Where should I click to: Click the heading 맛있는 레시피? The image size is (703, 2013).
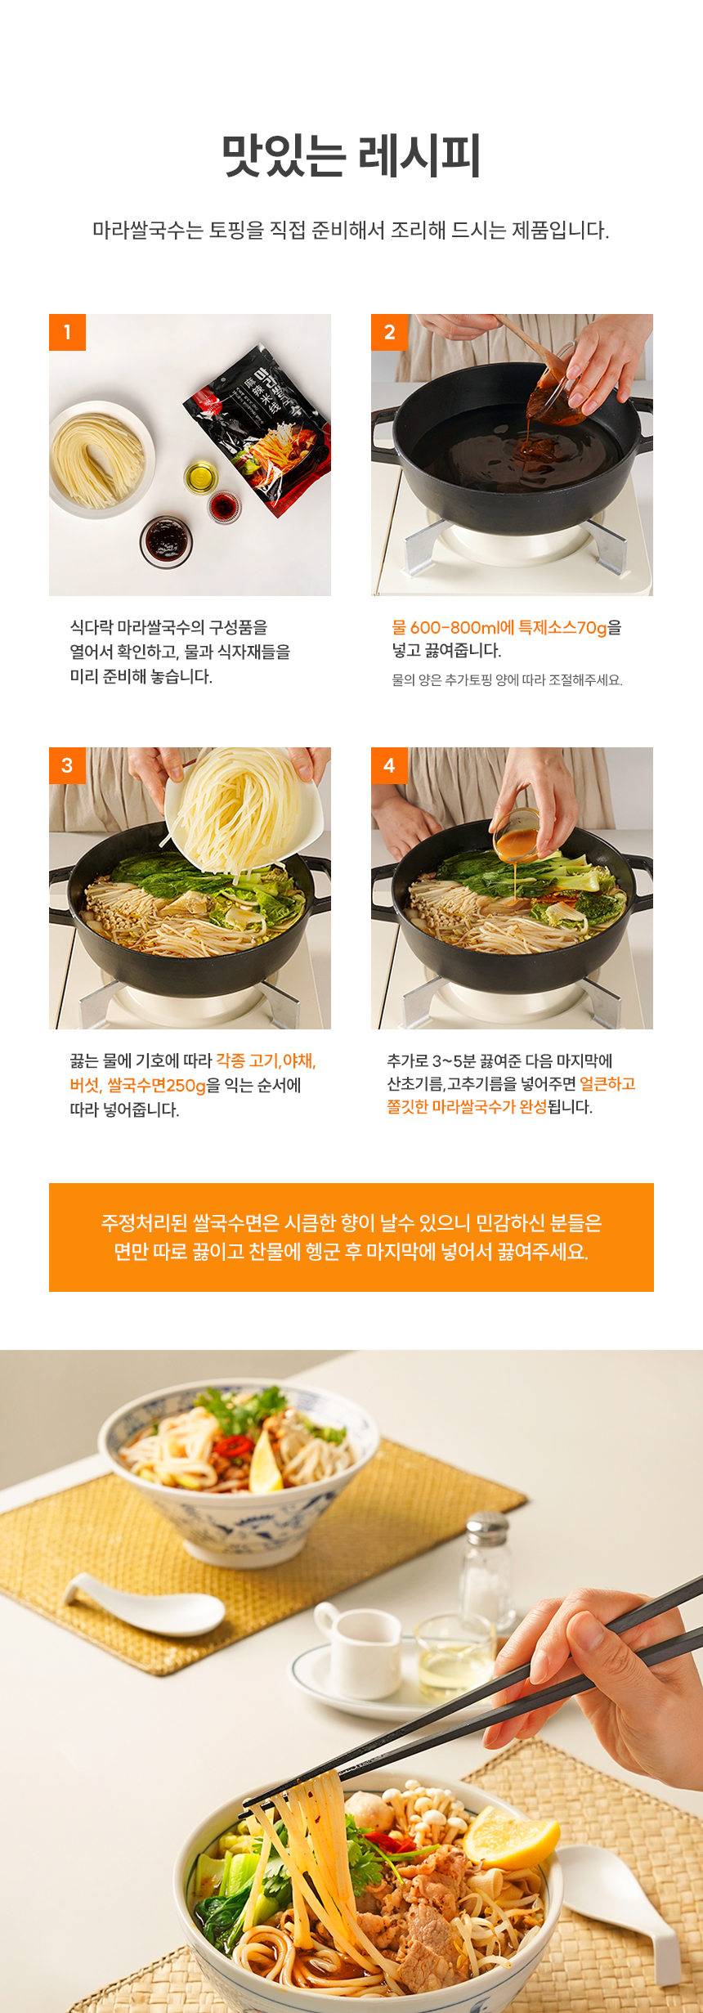[x=351, y=155]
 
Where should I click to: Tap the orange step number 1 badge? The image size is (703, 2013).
[x=67, y=332]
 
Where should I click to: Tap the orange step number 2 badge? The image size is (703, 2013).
[x=389, y=332]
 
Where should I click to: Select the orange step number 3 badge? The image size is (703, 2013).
[x=67, y=765]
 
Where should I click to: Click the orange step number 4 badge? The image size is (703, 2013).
[x=389, y=765]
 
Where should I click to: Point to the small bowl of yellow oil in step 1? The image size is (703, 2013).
[x=200, y=476]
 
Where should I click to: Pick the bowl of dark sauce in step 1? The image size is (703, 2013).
[x=166, y=540]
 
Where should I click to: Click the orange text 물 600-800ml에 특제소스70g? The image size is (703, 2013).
[x=499, y=627]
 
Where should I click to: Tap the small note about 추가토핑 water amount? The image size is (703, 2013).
[x=507, y=679]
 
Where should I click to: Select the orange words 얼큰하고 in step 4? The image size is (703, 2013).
[x=607, y=1083]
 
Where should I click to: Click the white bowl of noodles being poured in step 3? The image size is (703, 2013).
[x=244, y=809]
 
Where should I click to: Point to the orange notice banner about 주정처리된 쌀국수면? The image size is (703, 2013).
[x=351, y=1237]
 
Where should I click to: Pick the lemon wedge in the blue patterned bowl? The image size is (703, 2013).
[x=266, y=1463]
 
